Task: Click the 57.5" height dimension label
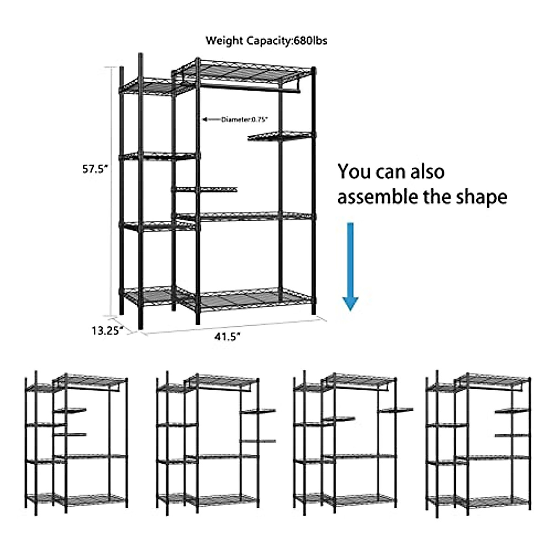95,169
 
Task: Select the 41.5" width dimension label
227,337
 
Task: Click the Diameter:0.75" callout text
244,120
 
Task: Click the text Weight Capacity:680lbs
266,40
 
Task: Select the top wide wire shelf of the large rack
244,71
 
